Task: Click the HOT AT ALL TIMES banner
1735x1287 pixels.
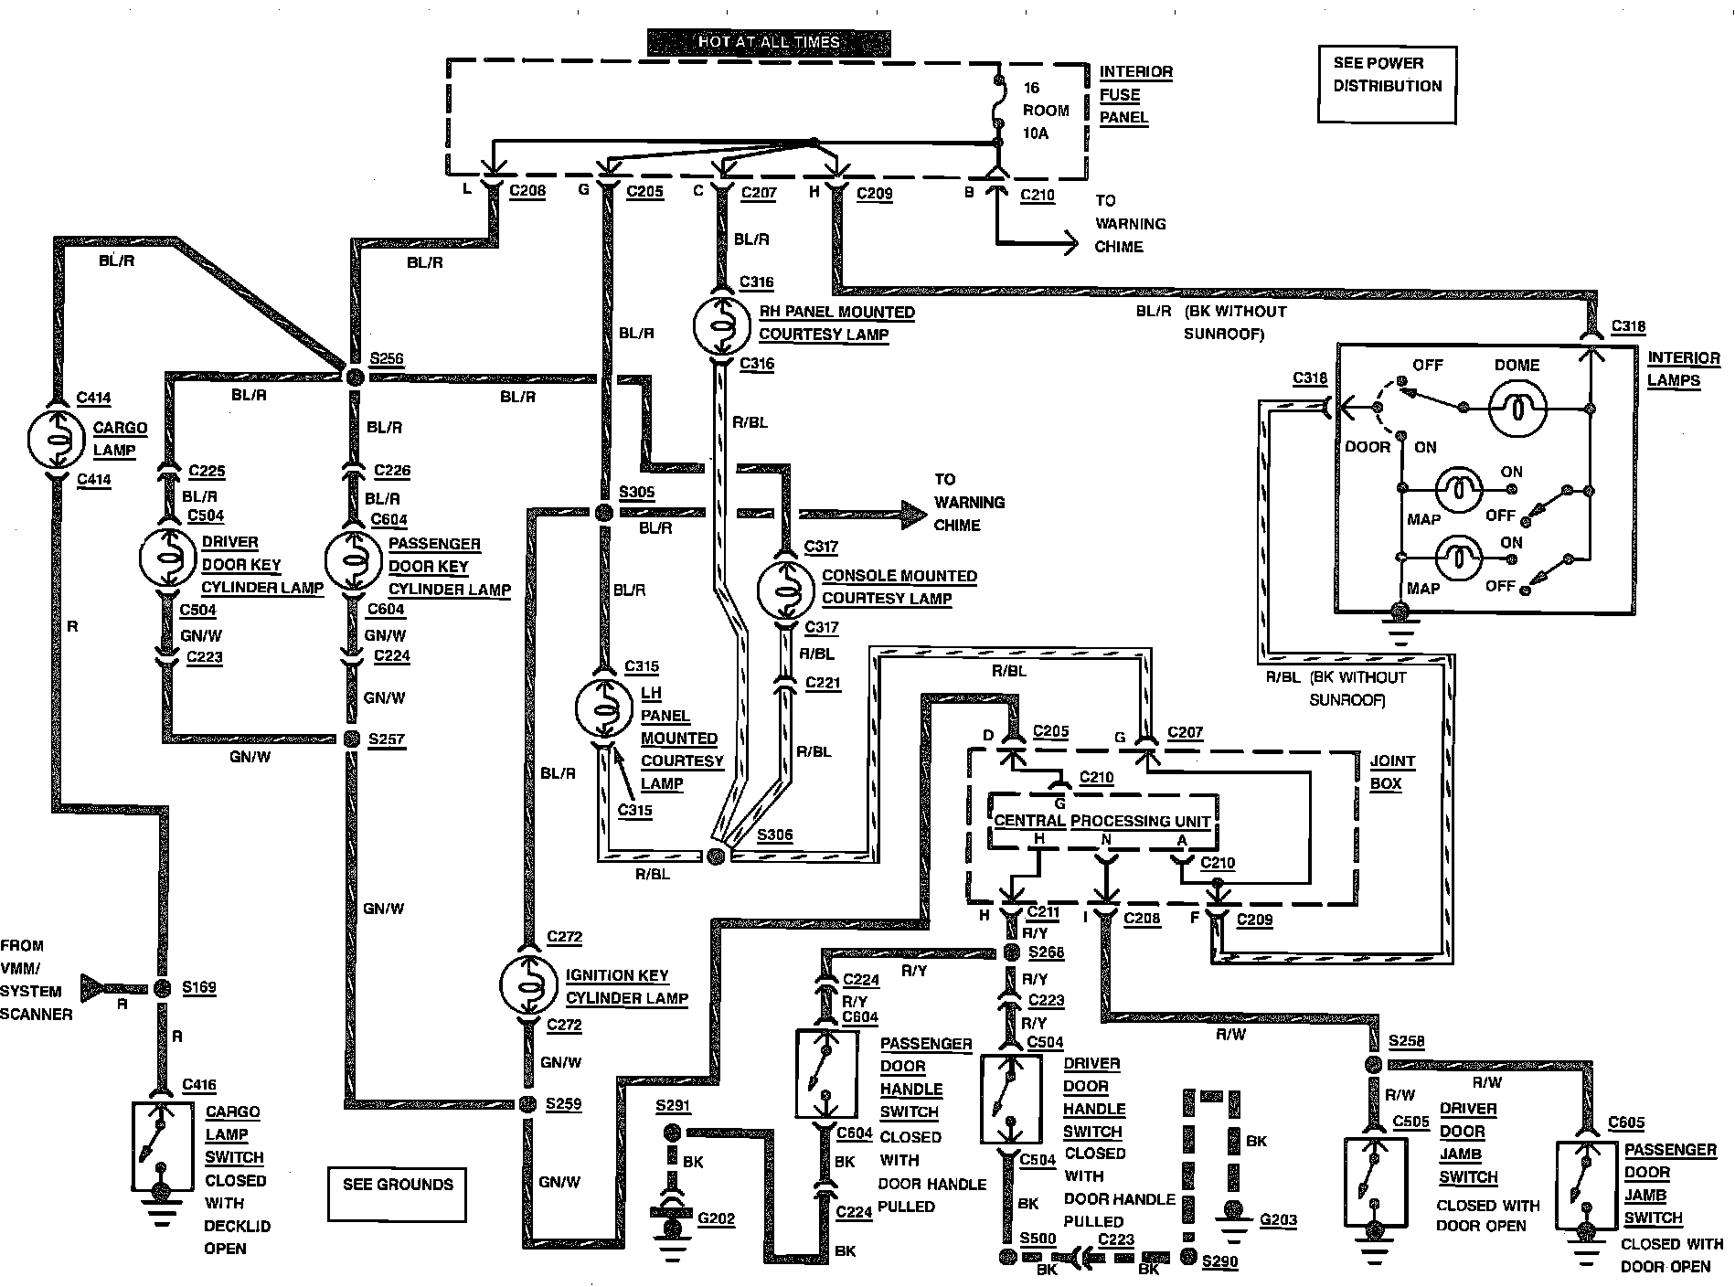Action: click(768, 42)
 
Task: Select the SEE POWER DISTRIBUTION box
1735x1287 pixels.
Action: click(1387, 84)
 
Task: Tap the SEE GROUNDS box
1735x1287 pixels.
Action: click(398, 1193)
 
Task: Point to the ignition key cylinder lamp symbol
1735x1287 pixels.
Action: click(527, 984)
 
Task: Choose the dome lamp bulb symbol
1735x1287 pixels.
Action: click(1517, 408)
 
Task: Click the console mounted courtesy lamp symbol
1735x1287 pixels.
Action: click(785, 590)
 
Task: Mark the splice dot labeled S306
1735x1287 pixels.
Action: click(716, 855)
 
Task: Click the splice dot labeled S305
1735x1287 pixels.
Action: click(603, 513)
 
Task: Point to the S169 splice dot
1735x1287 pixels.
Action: click(162, 987)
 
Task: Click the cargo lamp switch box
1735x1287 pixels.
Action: click(162, 1146)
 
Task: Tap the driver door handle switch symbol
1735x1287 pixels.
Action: click(1010, 1099)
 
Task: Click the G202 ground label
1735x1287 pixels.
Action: click(715, 1218)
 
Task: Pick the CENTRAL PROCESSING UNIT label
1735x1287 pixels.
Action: click(1102, 821)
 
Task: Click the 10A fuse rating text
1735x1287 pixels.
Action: click(1036, 133)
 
